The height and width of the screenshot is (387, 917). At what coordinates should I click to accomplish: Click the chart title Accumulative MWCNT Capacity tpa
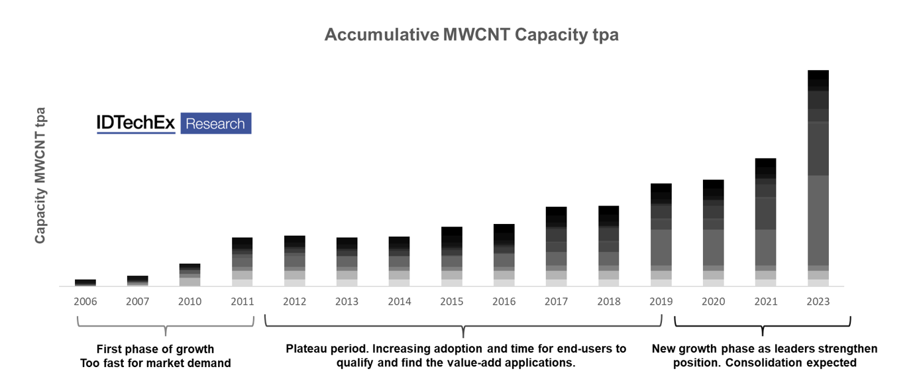[x=471, y=35]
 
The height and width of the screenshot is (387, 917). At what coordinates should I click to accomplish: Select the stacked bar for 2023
[x=818, y=178]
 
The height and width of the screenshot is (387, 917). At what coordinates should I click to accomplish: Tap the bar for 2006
[x=85, y=283]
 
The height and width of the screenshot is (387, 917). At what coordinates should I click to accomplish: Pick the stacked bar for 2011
[x=243, y=262]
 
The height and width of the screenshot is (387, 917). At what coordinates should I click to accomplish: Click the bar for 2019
[x=661, y=235]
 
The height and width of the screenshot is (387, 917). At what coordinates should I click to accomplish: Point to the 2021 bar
[x=765, y=222]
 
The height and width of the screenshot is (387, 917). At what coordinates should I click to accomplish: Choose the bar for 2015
[x=452, y=256]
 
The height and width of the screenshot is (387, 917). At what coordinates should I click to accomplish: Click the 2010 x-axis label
[x=190, y=302]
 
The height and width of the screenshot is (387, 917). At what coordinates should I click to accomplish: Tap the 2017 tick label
[x=557, y=302]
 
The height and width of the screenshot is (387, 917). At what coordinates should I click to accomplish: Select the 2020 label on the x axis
[x=714, y=302]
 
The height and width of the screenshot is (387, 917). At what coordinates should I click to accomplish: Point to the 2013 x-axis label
[x=347, y=302]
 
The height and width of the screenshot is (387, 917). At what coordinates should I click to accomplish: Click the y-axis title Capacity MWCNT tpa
[x=40, y=175]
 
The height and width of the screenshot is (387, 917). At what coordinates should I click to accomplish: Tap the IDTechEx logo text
[x=136, y=123]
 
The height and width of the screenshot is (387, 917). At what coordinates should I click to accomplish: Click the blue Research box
[x=215, y=123]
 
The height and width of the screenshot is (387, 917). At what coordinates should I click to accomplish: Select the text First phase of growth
[x=155, y=349]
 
